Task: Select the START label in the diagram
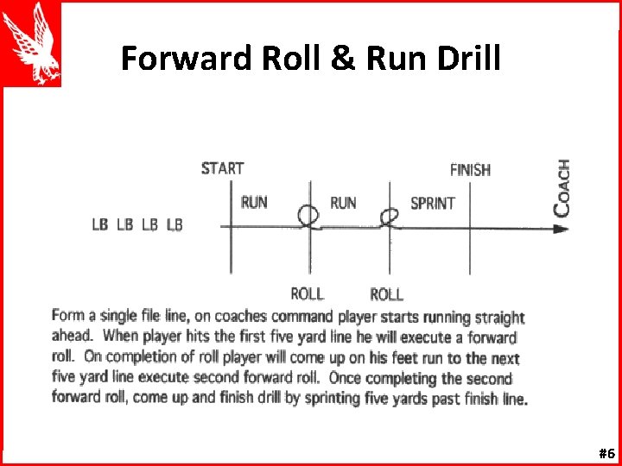coord(222,168)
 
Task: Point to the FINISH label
coord(470,170)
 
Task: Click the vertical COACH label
coord(562,187)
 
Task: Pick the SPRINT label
coord(432,204)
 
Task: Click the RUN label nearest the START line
coord(254,203)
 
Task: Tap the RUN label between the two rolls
coord(343,203)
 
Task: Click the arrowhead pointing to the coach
coord(561,229)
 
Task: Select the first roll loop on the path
coord(308,216)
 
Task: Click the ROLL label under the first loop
coord(308,294)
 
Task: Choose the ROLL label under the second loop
coord(386,294)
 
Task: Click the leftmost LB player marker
coord(100,224)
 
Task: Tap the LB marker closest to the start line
coord(175,224)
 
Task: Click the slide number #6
coord(606,454)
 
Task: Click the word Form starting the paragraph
coord(68,316)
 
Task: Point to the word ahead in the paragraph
coord(71,337)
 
